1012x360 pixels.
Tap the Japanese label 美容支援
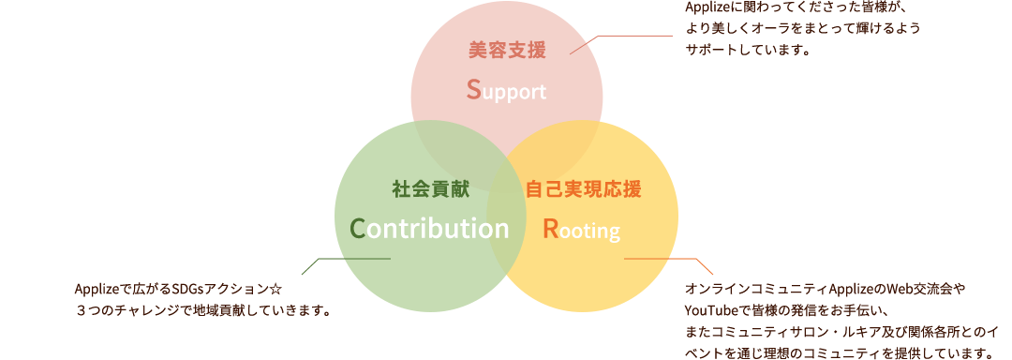point(506,50)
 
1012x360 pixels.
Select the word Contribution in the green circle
point(429,228)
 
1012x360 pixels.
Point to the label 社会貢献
point(430,188)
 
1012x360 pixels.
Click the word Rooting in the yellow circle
point(582,229)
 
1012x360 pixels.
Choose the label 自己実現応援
point(583,188)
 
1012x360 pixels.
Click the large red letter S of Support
point(473,90)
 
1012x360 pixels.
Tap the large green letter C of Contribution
point(356,228)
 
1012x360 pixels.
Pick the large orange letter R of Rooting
point(551,229)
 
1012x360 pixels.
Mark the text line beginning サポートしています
point(746,51)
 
